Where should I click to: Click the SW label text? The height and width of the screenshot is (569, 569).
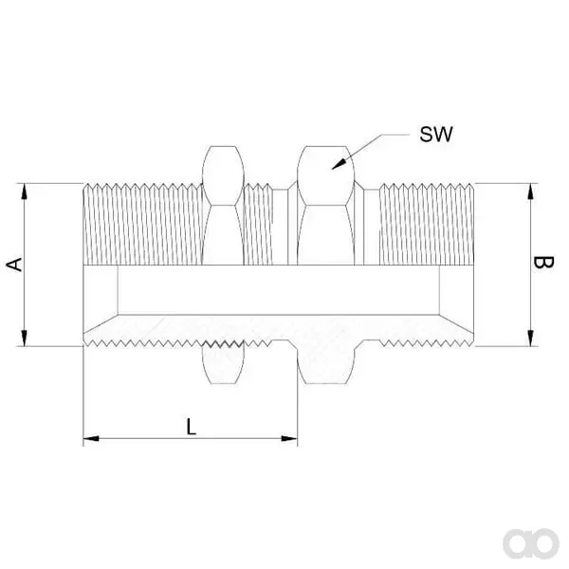click(436, 135)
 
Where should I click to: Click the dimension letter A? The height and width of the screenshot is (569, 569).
click(15, 265)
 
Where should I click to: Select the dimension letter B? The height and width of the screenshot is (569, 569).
click(543, 263)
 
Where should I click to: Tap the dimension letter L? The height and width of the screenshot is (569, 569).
click(192, 427)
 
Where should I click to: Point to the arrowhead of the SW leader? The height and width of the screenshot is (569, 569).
click(339, 165)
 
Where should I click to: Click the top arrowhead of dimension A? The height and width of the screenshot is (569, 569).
click(25, 192)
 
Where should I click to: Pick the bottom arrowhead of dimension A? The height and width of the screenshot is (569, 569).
click(25, 338)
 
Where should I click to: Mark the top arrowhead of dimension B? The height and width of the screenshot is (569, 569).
click(530, 192)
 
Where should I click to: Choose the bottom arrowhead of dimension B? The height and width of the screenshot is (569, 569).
click(530, 338)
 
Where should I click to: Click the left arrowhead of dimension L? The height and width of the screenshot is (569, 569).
click(91, 438)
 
